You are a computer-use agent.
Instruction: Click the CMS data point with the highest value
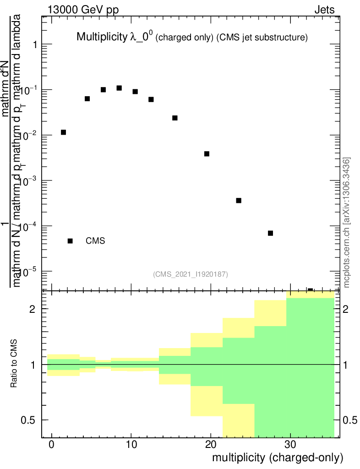tap(119, 88)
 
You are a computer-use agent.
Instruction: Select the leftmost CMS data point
tap(63, 132)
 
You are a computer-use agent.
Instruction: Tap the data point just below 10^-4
tap(270, 233)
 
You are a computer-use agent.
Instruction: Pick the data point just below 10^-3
tap(239, 201)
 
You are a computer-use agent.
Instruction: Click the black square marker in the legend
tap(70, 241)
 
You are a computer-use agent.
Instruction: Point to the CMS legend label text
tap(95, 241)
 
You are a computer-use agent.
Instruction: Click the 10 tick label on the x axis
tap(131, 444)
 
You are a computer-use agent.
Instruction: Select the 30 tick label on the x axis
tap(290, 444)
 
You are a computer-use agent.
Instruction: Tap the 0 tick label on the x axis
tap(52, 444)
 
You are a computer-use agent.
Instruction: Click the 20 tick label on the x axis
tap(211, 444)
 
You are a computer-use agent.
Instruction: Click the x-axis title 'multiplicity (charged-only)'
tap(277, 458)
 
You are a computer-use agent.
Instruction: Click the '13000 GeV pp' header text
tap(82, 10)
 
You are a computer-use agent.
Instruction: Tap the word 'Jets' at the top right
tap(324, 10)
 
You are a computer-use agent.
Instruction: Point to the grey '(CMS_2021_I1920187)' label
tap(191, 274)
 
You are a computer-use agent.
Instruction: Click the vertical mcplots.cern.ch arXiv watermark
tap(347, 222)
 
